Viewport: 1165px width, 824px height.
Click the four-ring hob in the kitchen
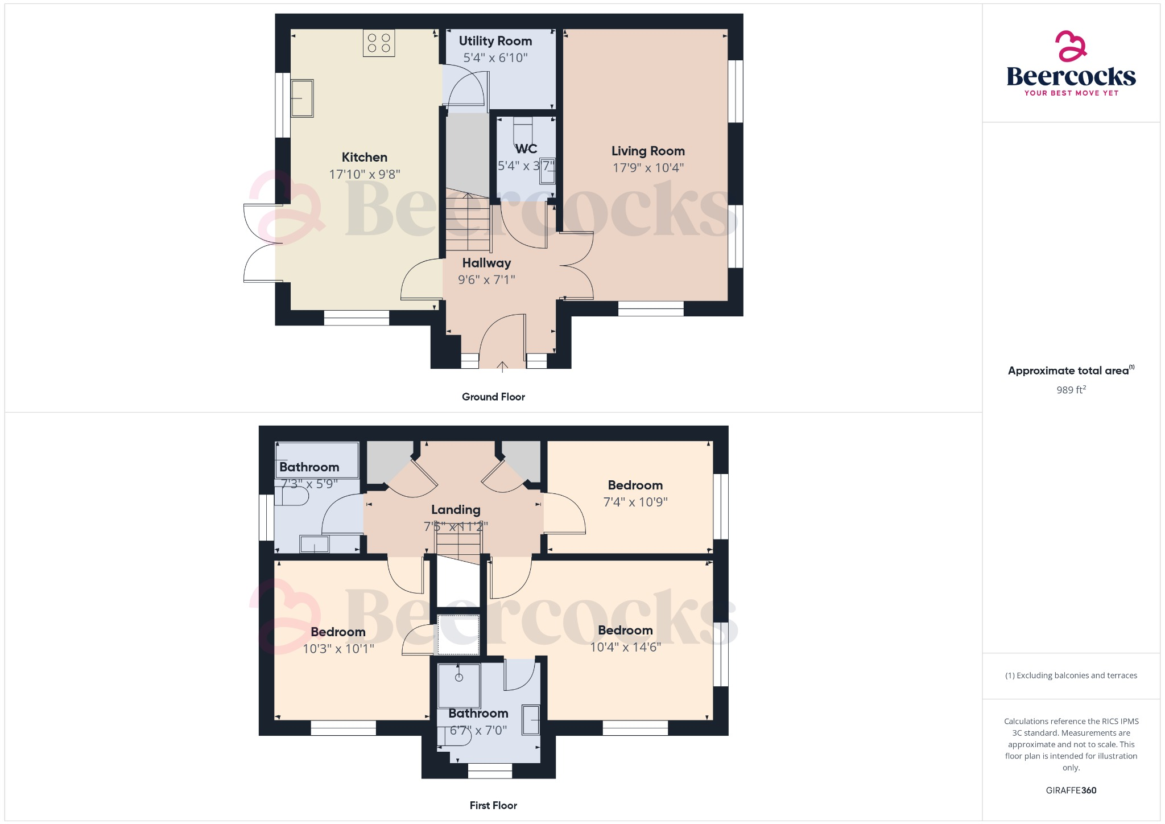point(379,43)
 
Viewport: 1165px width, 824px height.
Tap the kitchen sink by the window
point(302,98)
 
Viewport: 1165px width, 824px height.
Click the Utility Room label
point(495,41)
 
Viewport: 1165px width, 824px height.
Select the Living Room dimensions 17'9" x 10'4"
point(648,168)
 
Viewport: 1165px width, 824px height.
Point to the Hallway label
point(486,263)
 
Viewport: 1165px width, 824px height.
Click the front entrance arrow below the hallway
point(503,366)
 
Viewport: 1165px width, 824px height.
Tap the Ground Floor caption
point(493,397)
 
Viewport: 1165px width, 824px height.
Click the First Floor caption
point(493,806)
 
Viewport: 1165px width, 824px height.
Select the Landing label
point(456,510)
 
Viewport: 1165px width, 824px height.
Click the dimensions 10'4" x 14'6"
point(625,647)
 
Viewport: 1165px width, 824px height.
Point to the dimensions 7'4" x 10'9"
point(635,502)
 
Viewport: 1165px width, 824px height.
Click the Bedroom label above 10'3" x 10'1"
point(338,632)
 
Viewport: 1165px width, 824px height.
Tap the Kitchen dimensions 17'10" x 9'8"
point(365,174)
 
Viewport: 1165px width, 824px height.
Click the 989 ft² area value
point(1071,390)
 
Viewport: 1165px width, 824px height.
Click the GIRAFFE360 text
point(1071,790)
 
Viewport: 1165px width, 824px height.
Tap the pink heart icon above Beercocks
point(1071,46)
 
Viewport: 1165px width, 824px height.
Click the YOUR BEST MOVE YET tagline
point(1071,93)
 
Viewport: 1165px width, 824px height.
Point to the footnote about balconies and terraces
point(1071,675)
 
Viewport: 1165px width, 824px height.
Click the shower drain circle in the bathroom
point(459,677)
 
